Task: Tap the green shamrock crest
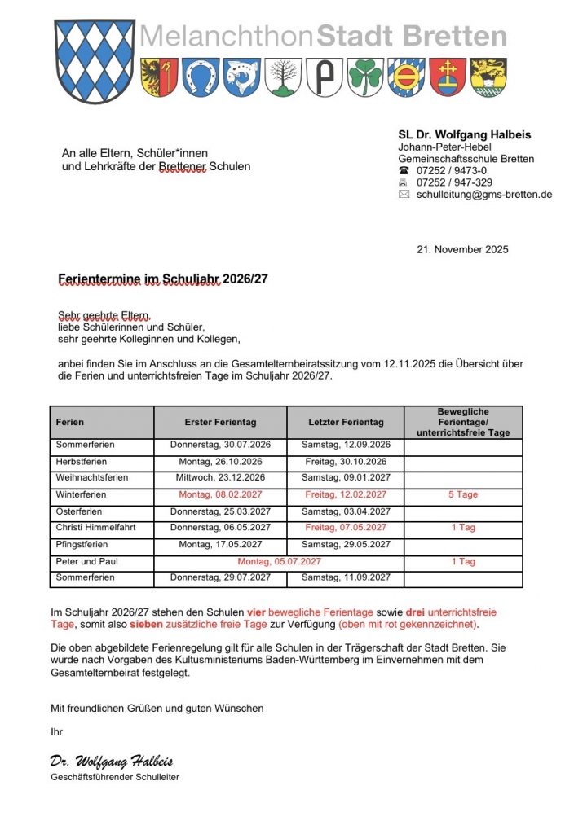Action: tap(364, 78)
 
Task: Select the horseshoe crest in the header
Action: tap(200, 78)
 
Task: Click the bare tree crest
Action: tap(283, 78)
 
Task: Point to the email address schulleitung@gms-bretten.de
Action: tap(483, 195)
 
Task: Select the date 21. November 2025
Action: tap(462, 249)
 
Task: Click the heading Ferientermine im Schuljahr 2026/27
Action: tap(163, 279)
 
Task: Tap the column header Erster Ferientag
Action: tap(220, 422)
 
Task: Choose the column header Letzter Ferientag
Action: tap(346, 422)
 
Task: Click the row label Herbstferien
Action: tap(81, 462)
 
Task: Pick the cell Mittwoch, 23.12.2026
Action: tap(220, 478)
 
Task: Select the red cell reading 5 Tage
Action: tap(463, 495)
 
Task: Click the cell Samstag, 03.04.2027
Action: tap(346, 512)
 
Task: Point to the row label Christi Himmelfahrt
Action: tap(95, 529)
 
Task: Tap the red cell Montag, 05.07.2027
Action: tap(280, 562)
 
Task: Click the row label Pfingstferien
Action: tap(82, 545)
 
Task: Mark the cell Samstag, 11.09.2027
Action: tap(346, 578)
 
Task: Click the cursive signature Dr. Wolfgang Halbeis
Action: tap(111, 762)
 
